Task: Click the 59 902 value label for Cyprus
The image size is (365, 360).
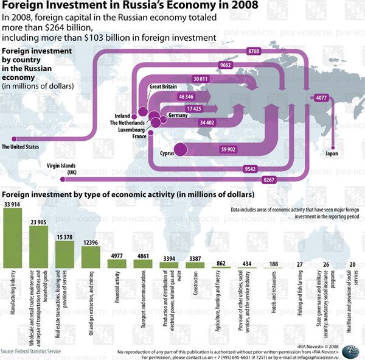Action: pos(228,149)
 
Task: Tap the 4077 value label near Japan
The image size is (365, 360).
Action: pos(321,97)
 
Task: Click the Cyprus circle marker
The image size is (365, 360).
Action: pos(181,149)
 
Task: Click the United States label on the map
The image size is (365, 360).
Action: pos(20,147)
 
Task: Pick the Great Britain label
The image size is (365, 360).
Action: pos(163,87)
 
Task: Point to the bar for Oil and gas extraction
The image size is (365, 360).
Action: pos(90,256)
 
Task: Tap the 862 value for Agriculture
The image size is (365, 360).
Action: pos(221,263)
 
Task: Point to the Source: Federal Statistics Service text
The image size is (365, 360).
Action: pos(31,351)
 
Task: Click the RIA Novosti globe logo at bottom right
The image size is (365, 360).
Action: pos(351,351)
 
